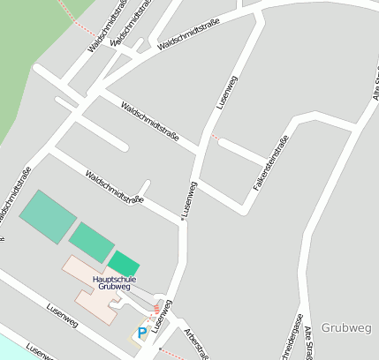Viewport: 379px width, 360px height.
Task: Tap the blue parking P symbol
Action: point(142,333)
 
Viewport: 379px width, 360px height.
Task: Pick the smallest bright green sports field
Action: point(124,263)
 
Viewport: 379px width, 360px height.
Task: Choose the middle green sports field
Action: point(92,241)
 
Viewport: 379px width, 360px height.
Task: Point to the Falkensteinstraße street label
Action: point(270,163)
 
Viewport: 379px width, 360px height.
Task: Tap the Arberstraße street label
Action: point(196,344)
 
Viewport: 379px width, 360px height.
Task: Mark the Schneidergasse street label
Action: point(294,340)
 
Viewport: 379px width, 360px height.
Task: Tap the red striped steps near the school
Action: point(156,308)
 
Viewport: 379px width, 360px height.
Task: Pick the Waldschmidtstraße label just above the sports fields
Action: point(115,187)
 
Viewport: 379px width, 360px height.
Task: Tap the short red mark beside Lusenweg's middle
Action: point(214,137)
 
